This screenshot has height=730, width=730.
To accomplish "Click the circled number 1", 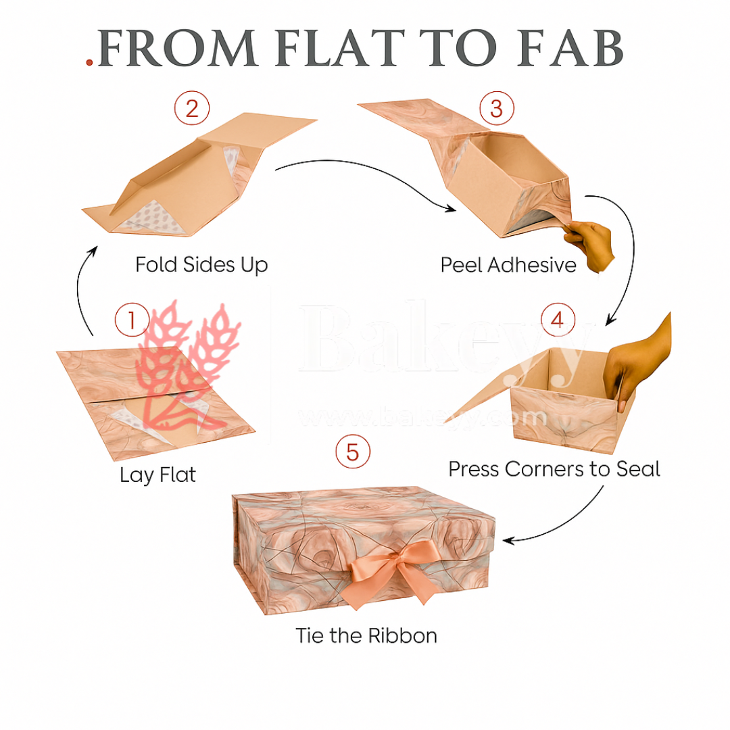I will click(131, 319).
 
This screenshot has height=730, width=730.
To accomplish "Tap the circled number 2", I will click(192, 108).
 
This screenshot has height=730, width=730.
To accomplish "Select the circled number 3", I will click(496, 108).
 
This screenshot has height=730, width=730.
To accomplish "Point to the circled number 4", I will click(557, 319).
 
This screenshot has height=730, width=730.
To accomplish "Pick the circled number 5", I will click(353, 452).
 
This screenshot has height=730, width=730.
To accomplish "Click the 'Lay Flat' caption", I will click(157, 475).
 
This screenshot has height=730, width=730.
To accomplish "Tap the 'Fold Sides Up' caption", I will click(201, 264).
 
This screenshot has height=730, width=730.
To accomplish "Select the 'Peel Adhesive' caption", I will click(508, 264).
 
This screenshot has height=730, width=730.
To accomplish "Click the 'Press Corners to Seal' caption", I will click(554, 468).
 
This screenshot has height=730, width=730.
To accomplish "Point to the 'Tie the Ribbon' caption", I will click(366, 636).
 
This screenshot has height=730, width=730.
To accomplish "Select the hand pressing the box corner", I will click(635, 365).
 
